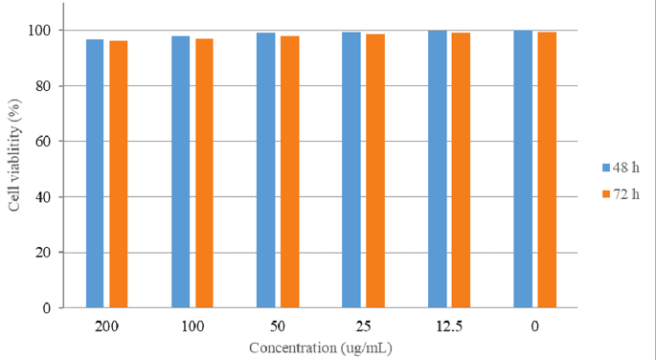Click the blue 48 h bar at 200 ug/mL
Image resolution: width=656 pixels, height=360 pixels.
[95, 173]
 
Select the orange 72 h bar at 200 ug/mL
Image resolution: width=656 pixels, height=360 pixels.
[118, 174]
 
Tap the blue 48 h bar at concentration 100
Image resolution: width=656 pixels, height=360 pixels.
[180, 172]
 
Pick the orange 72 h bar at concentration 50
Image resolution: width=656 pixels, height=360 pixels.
[289, 172]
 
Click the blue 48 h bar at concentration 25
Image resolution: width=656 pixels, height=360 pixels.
[351, 170]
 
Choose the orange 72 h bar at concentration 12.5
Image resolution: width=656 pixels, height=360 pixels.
[461, 170]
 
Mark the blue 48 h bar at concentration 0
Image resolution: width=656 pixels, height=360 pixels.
[523, 169]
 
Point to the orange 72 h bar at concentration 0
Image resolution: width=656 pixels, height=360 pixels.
[546, 170]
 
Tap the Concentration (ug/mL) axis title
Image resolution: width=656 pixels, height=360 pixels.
[320, 348]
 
